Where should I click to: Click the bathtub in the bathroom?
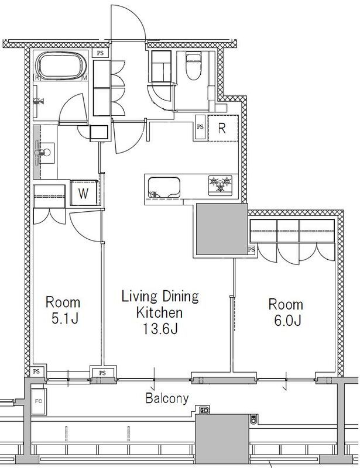click(61, 66)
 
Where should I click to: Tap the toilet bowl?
click(194, 66)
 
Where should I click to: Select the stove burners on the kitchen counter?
click(221, 185)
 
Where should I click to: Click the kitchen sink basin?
click(164, 187)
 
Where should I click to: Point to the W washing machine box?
click(84, 193)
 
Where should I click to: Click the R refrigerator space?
click(223, 128)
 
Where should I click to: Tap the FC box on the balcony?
click(39, 401)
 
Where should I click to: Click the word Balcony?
click(167, 398)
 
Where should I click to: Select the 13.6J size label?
click(160, 329)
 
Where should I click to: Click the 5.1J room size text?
click(65, 318)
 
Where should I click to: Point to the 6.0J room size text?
click(287, 320)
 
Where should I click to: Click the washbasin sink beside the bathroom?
click(45, 153)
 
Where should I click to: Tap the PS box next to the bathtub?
click(100, 53)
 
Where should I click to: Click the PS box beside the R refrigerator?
click(200, 127)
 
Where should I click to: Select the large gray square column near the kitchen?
click(222, 229)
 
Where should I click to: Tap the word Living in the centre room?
click(139, 297)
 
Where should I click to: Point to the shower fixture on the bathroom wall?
click(39, 101)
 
